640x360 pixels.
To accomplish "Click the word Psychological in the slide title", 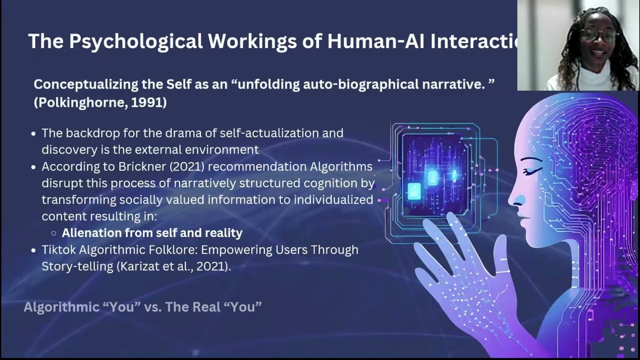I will coord(135,41).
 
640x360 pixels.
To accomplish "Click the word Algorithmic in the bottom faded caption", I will coord(61,306).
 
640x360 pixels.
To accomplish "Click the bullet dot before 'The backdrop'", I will coord(33,134).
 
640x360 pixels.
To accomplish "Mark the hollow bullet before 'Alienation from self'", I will coord(54,233).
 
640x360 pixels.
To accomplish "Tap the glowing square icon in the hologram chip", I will coord(414,191).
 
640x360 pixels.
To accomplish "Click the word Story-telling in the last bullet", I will coord(77,266).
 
